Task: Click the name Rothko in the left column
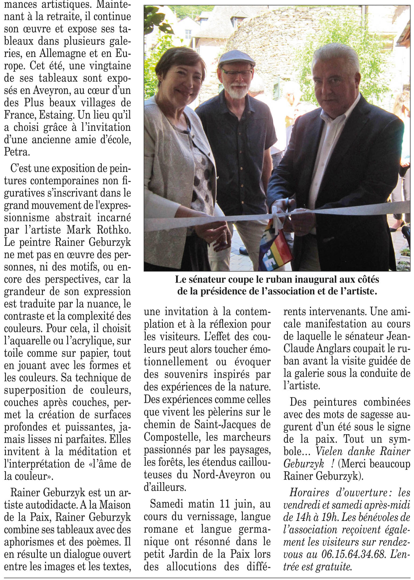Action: tap(114, 230)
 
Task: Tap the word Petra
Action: tap(16, 152)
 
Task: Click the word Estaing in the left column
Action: tap(56, 115)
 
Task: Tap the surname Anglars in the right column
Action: tap(330, 349)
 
